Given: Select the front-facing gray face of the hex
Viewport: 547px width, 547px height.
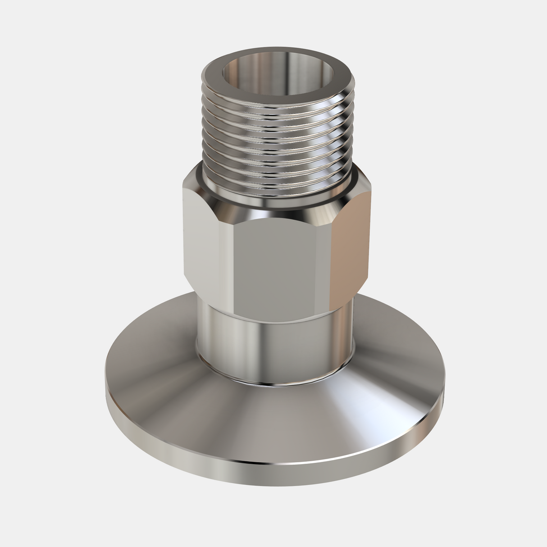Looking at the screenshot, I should coord(284,270).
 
